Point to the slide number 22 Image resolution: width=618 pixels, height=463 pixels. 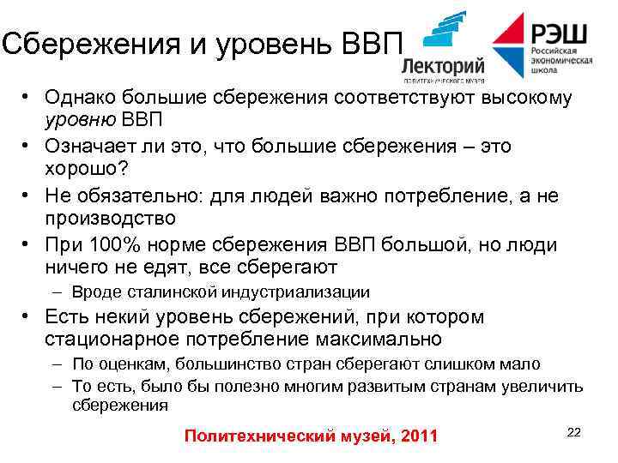pyautogui.click(x=574, y=432)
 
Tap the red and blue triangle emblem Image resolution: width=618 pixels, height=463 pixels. pyautogui.click(x=509, y=45)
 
